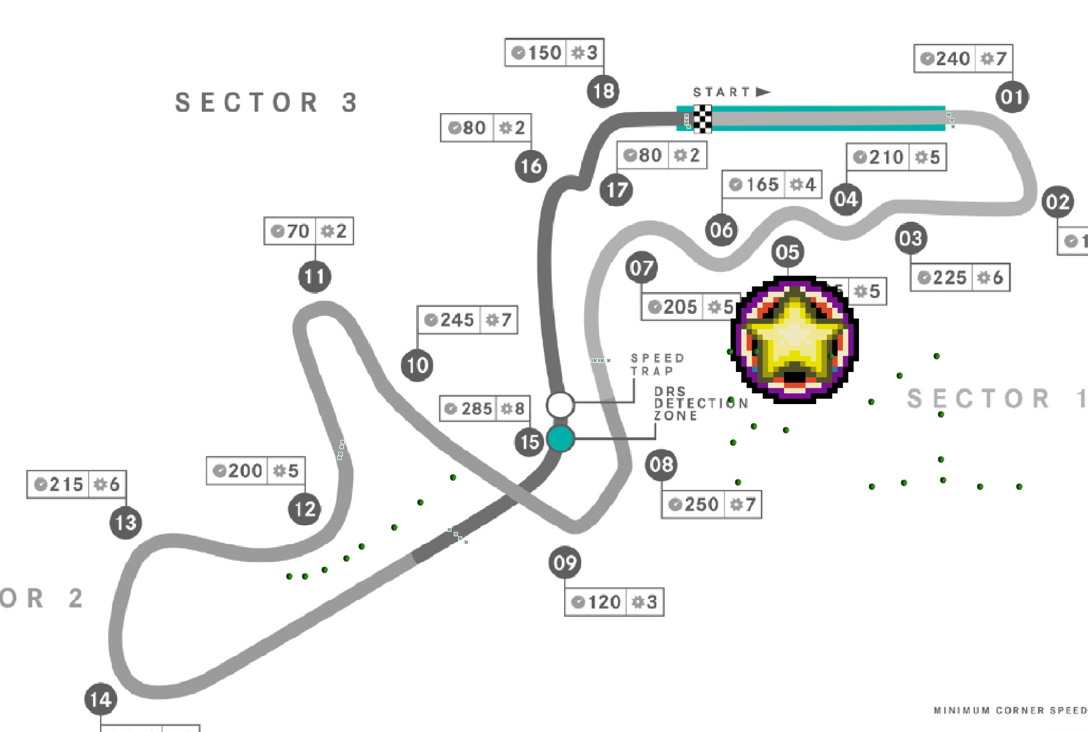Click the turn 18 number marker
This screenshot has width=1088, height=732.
[603, 91]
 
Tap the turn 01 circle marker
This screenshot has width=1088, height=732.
[1012, 97]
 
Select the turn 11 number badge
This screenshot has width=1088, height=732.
[314, 276]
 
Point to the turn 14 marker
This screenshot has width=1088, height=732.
[101, 699]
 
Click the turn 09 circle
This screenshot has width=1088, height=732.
[565, 562]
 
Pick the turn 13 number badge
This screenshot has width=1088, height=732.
[126, 523]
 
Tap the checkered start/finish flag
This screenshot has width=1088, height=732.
[702, 119]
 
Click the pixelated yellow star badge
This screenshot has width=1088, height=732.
[794, 339]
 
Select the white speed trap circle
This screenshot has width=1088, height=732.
[560, 405]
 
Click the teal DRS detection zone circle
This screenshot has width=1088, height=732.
[560, 438]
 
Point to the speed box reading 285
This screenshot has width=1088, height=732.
[485, 408]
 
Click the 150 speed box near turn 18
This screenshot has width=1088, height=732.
[554, 53]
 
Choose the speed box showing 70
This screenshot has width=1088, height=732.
[308, 231]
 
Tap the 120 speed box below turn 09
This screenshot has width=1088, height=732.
[614, 602]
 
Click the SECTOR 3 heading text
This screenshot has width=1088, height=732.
[266, 102]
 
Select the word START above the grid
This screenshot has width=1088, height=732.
[721, 92]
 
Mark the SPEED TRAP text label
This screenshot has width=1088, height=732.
[657, 364]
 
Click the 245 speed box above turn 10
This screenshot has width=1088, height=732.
[467, 320]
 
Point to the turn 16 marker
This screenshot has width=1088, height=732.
[531, 166]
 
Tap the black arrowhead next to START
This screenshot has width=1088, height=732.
[763, 92]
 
